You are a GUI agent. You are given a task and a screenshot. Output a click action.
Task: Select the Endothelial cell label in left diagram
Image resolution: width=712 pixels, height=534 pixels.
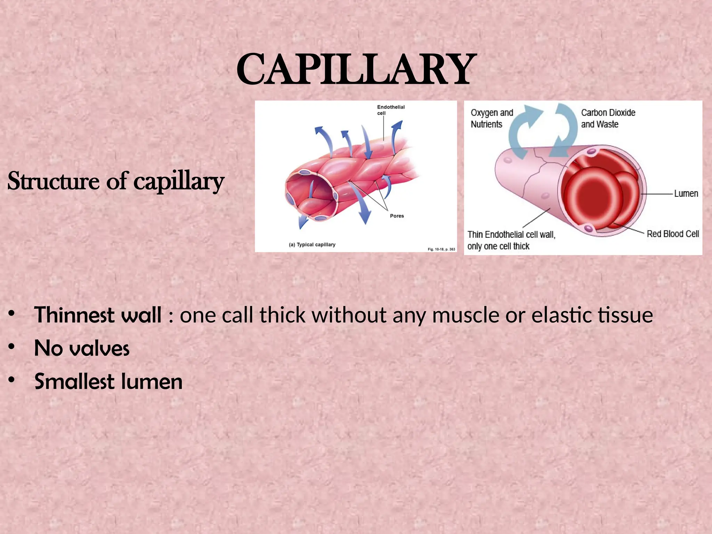(390, 110)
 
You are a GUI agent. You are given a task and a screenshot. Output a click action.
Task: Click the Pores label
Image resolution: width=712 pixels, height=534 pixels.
(397, 216)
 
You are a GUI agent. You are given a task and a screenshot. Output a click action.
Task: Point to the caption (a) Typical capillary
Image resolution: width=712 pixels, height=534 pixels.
(312, 245)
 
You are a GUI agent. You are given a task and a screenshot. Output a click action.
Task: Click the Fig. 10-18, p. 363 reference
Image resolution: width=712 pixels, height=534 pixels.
(441, 249)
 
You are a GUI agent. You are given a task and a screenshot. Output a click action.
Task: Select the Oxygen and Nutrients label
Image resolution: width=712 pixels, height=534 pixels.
(491, 119)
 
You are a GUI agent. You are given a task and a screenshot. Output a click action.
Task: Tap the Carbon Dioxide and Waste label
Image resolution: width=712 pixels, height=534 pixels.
(608, 119)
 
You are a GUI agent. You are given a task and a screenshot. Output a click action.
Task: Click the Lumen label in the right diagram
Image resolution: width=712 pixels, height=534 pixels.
(686, 194)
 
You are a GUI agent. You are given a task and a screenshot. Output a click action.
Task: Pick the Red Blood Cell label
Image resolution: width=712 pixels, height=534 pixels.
(672, 234)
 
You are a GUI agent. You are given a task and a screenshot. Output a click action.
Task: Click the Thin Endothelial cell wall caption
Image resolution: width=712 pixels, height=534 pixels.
(511, 240)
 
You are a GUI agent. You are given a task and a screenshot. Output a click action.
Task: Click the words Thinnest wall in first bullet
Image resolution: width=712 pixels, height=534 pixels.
(97, 315)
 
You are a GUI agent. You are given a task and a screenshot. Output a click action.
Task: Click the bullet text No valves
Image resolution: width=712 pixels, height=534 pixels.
(82, 348)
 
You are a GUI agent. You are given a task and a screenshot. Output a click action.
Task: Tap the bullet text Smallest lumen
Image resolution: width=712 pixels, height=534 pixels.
(108, 381)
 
